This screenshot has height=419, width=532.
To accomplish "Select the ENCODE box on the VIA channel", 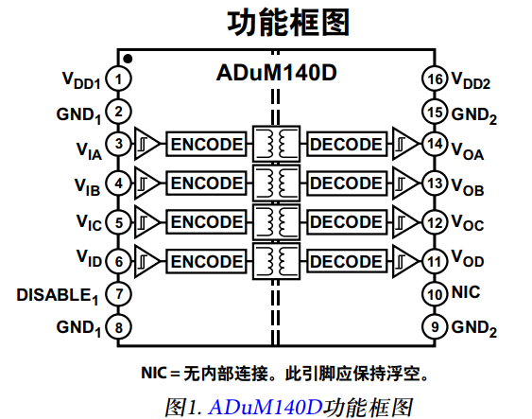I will (206, 144).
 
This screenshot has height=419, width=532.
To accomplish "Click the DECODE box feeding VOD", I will (347, 260).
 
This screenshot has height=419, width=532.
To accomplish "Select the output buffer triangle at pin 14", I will (405, 144).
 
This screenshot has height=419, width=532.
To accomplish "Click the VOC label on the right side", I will (468, 224).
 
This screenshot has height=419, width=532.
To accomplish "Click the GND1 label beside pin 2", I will (79, 114).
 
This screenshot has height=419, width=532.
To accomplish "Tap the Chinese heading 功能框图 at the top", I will (275, 21).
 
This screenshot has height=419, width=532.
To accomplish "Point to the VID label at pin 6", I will (88, 258).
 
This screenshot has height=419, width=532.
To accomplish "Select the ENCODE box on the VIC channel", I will (206, 222).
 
